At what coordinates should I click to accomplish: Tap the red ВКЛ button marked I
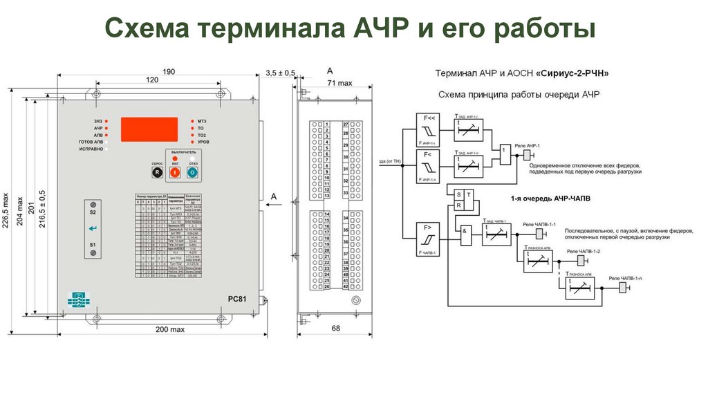(175, 170)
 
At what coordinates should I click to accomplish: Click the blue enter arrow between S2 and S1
(93, 229)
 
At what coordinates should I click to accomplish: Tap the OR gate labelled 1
(505, 153)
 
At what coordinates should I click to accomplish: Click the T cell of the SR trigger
(469, 195)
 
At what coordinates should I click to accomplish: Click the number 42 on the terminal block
(346, 286)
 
